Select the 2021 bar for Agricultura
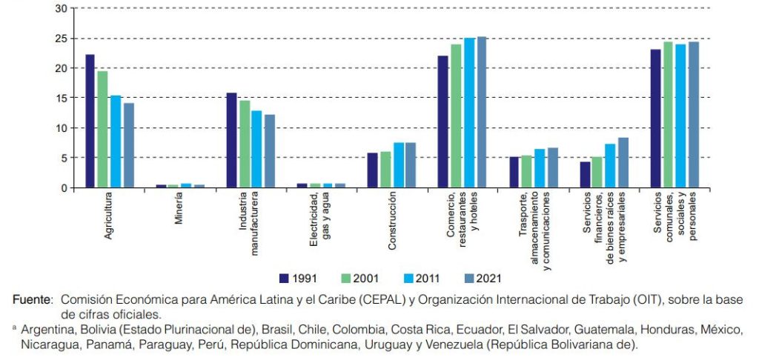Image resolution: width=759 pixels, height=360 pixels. [x=128, y=145]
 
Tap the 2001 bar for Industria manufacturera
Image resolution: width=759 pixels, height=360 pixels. [x=244, y=144]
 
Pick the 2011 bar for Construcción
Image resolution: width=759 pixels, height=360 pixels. [x=398, y=164]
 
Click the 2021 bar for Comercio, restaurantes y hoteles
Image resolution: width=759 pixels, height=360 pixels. [x=482, y=112]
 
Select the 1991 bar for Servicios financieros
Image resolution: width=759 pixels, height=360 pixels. [x=585, y=174]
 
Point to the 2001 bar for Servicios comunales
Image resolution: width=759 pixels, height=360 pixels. [x=668, y=114]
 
